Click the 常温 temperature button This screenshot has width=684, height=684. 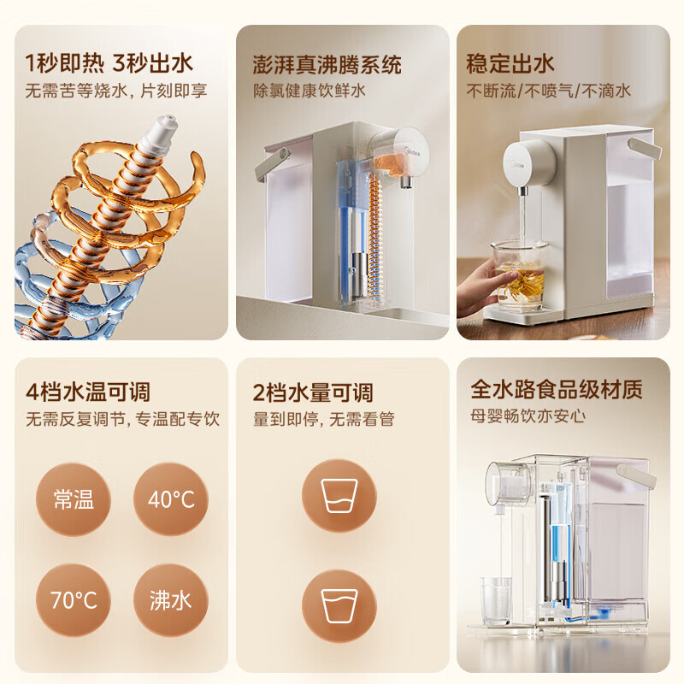[x=74, y=500]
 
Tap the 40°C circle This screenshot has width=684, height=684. [x=171, y=500]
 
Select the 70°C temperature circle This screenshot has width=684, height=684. [x=74, y=599]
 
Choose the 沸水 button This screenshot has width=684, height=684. [x=171, y=599]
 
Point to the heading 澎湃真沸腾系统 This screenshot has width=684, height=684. [x=327, y=65]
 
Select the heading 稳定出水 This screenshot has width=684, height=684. [x=510, y=63]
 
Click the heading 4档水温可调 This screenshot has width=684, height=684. [x=88, y=392]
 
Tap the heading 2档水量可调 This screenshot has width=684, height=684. [x=314, y=392]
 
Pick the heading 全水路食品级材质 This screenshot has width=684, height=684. [x=557, y=390]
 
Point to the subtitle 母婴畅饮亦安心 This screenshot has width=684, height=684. [x=527, y=417]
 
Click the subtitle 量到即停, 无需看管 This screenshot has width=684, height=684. [x=324, y=419]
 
